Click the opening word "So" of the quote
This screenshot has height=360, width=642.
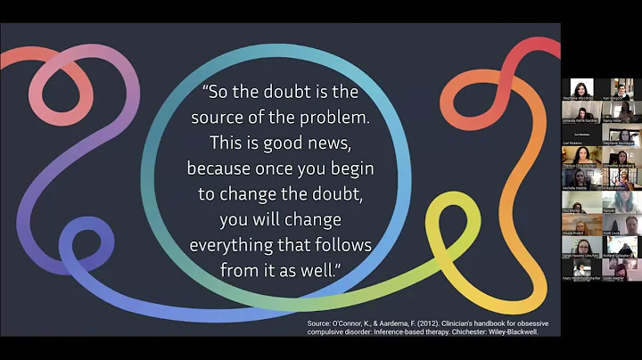(221, 90)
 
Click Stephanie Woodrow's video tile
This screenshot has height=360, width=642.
(581, 92)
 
